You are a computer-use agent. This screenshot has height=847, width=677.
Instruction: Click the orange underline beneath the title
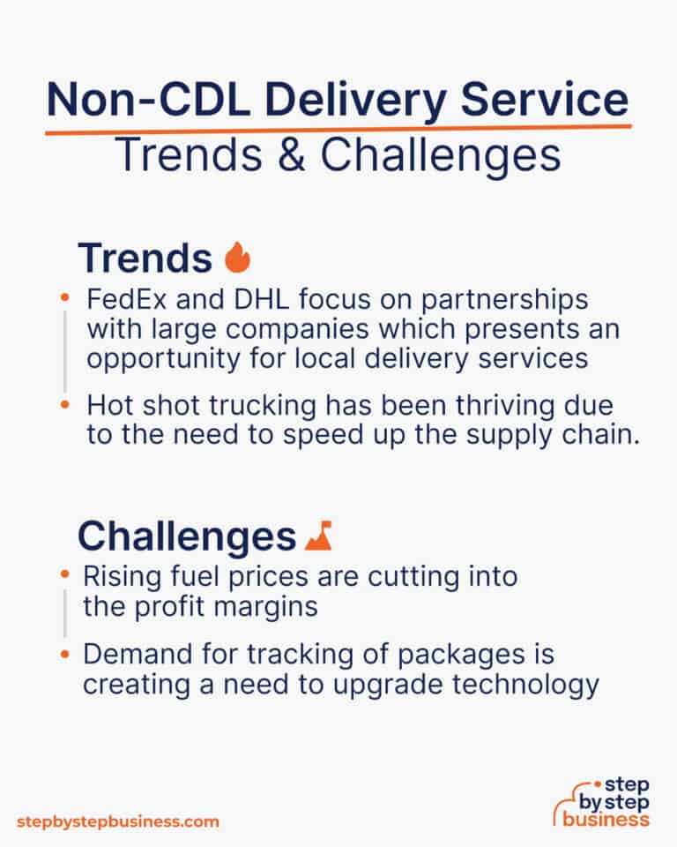[338, 128]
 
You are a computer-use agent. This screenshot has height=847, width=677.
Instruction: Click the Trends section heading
[145, 258]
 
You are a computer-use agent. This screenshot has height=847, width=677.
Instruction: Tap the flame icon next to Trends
[237, 258]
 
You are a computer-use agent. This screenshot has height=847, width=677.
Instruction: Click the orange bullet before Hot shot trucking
[65, 406]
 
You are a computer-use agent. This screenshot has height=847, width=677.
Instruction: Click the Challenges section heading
[185, 536]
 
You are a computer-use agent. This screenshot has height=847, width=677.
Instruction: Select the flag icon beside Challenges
[317, 535]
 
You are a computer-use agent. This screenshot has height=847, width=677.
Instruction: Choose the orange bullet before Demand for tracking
[65, 655]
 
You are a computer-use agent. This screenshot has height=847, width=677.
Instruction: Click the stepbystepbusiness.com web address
[117, 821]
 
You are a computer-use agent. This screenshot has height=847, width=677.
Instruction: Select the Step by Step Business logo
[603, 800]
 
